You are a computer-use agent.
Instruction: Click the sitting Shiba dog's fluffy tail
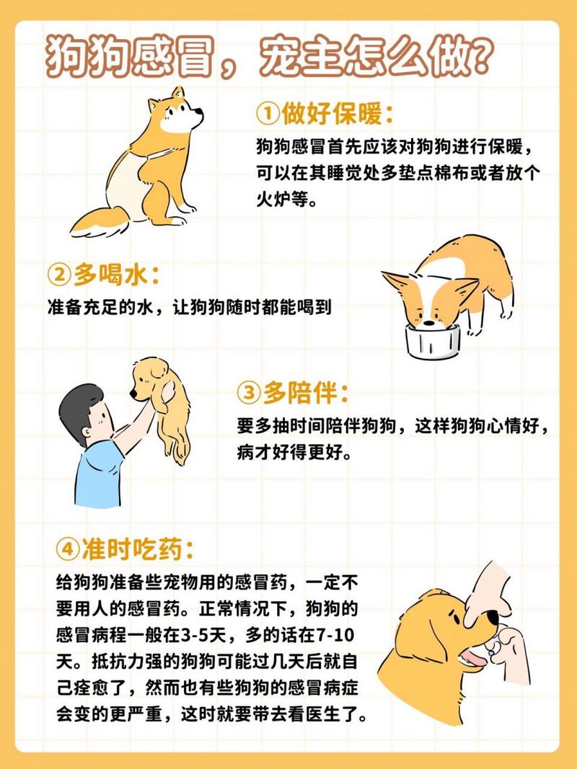coord(101,221)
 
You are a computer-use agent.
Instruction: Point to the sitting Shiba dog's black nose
coord(201,113)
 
